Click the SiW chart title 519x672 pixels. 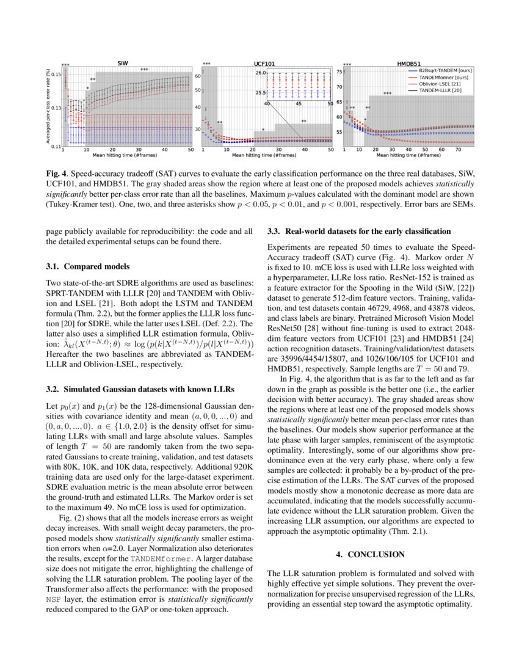(123, 63)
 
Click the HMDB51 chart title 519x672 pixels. (408, 63)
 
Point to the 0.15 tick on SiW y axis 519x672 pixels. (56, 75)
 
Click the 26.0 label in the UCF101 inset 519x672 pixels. (261, 73)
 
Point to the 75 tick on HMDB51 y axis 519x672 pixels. (338, 72)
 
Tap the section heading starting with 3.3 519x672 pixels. (359, 232)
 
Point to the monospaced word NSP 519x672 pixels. (54, 600)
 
